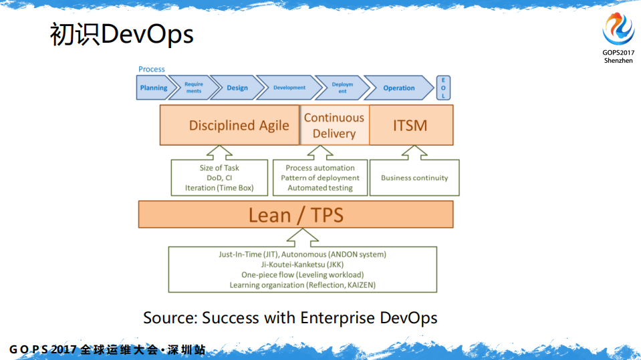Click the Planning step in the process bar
[x=153, y=88]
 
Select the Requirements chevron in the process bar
[x=193, y=88]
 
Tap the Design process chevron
[x=237, y=88]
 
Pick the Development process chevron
[x=289, y=88]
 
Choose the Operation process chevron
[x=399, y=88]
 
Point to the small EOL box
[x=442, y=87]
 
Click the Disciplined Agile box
[x=229, y=125]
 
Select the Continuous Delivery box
[x=334, y=125]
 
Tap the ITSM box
[x=410, y=125]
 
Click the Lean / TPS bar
[x=295, y=214]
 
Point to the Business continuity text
[x=414, y=178]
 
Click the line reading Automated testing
[x=320, y=188]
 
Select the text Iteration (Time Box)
[x=219, y=188]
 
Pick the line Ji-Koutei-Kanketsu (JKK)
[x=302, y=264]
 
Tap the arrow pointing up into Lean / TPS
[x=302, y=237]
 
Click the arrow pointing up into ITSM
[x=410, y=152]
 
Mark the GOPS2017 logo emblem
[x=618, y=29]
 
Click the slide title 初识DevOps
[x=122, y=35]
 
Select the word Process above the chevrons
[x=152, y=69]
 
